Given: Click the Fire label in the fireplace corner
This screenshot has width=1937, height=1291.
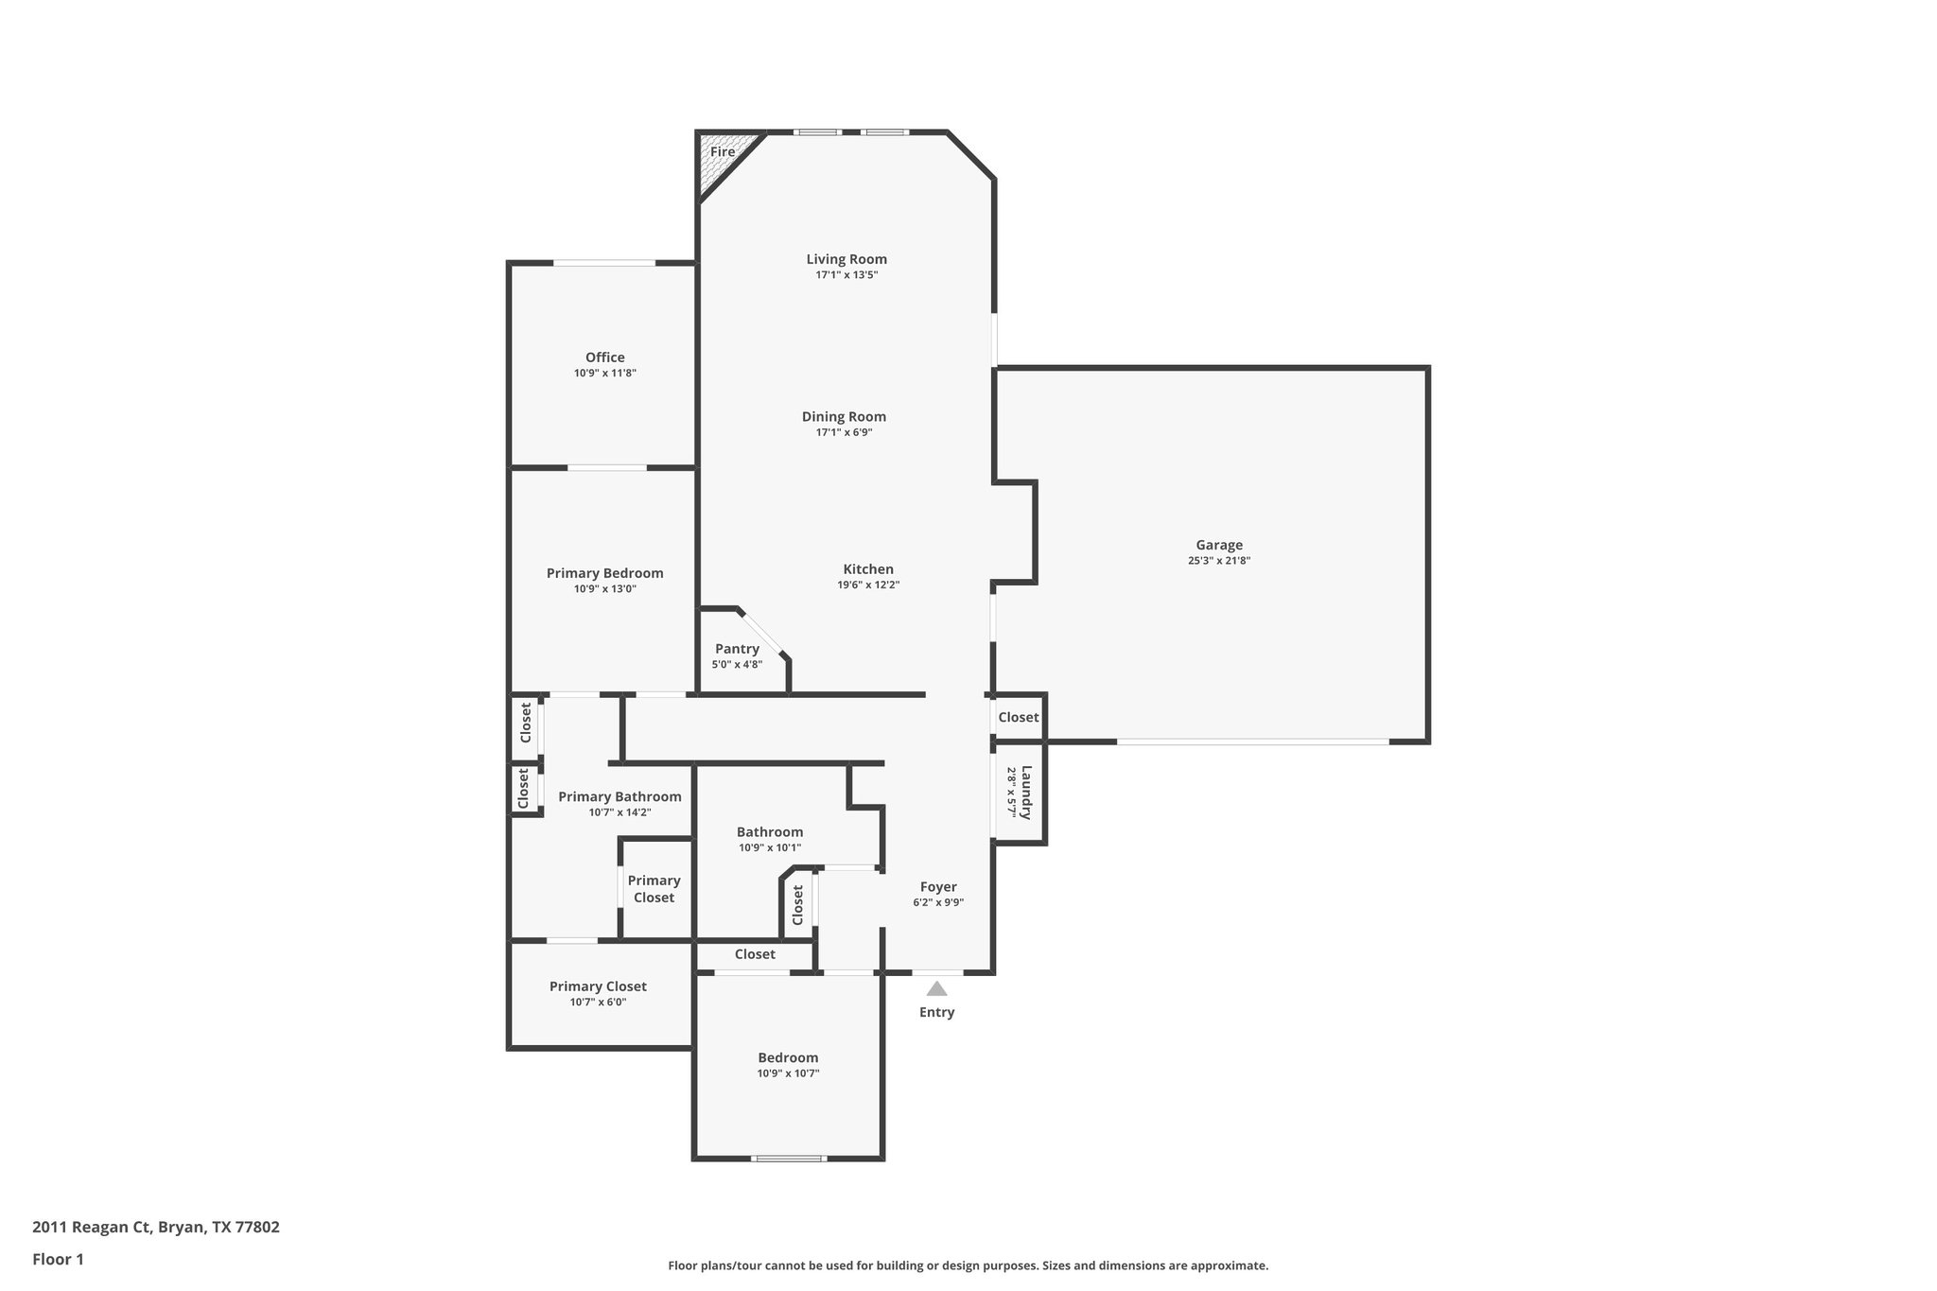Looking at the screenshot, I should click(723, 151).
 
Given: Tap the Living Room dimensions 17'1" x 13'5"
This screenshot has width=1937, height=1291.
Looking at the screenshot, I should click(846, 275).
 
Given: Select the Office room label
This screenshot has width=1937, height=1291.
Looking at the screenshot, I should click(604, 358).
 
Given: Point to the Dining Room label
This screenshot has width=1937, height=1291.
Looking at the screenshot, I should click(844, 416).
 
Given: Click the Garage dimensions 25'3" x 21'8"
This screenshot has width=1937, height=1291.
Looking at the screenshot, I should click(1219, 561).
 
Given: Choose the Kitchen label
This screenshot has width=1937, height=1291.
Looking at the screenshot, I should click(867, 569).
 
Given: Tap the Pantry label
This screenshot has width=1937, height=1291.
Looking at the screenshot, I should click(737, 649).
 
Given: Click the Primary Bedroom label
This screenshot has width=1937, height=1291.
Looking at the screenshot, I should click(604, 573).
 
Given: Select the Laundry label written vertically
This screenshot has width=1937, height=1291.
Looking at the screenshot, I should click(1026, 793).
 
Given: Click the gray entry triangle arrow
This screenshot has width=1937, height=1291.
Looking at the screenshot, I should click(936, 989).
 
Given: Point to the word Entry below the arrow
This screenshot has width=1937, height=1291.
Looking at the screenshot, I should click(936, 1012).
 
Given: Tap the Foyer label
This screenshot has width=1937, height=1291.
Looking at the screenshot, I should click(938, 887).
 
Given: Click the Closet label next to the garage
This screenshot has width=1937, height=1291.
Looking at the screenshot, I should click(1018, 717).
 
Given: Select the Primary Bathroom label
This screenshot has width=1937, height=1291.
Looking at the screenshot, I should click(619, 796).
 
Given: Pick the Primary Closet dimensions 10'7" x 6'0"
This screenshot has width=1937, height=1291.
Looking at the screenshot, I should click(598, 1003).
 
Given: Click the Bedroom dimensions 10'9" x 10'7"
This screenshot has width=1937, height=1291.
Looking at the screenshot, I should click(788, 1073).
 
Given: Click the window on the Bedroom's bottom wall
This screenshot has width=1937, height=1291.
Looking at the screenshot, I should click(788, 1158).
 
